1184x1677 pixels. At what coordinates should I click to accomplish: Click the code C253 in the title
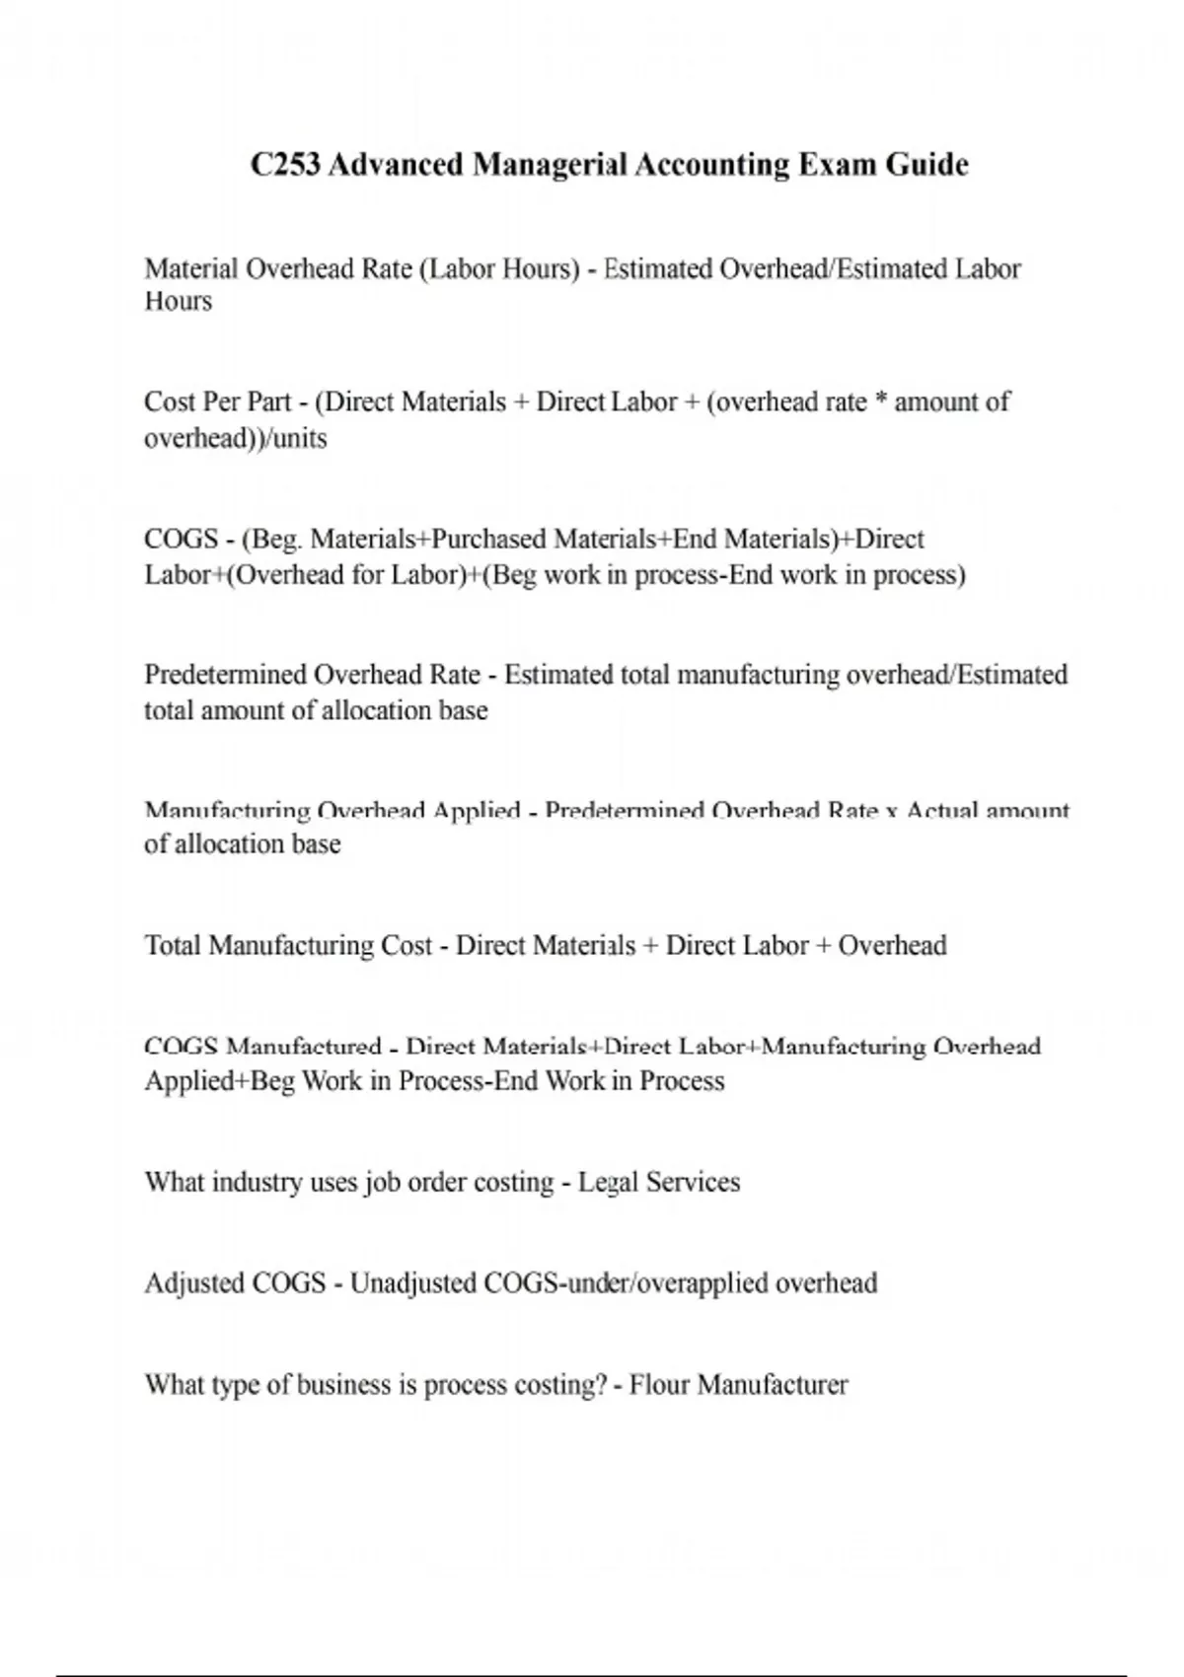(x=285, y=164)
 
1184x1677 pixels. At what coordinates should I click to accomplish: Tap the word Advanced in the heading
(x=395, y=164)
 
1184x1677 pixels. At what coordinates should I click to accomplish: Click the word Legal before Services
(x=607, y=1182)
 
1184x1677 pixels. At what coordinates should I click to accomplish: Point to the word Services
(x=693, y=1182)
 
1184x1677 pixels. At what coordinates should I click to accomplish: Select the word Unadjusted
(x=412, y=1283)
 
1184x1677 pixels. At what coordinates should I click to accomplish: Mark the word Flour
(x=659, y=1385)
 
